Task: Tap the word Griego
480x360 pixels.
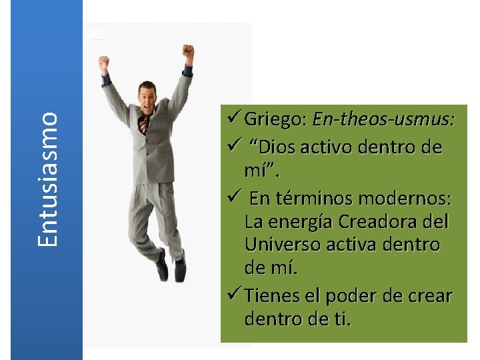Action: pyautogui.click(x=274, y=120)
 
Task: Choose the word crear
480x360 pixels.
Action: pyautogui.click(x=433, y=295)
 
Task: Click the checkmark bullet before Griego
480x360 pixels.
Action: pyautogui.click(x=233, y=120)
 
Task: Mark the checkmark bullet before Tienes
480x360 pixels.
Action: pyautogui.click(x=233, y=295)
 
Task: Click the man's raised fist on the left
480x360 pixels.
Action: pyautogui.click(x=104, y=63)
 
